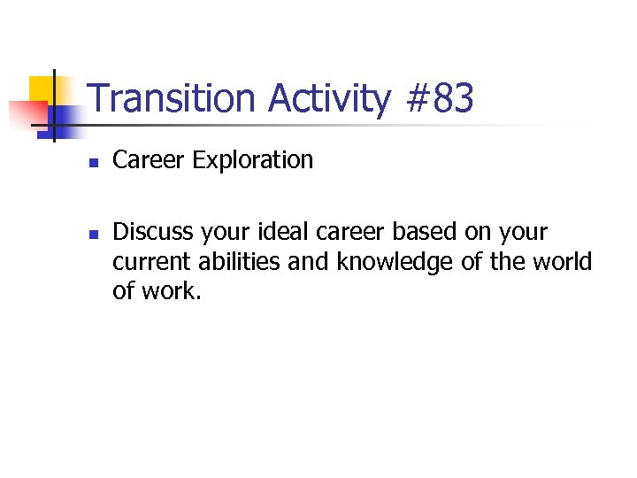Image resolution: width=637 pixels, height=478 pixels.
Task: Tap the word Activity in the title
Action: pyautogui.click(x=328, y=98)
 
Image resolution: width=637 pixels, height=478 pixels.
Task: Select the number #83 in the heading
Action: pyautogui.click(x=439, y=98)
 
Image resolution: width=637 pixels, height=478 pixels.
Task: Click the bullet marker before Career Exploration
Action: pyautogui.click(x=92, y=163)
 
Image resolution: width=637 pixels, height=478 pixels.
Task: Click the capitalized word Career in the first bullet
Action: pyautogui.click(x=149, y=160)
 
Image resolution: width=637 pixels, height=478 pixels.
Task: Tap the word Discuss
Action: pyautogui.click(x=153, y=233)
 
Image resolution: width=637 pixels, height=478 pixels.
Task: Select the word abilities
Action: pyautogui.click(x=234, y=262)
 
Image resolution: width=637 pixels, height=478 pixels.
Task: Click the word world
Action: pyautogui.click(x=564, y=262)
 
